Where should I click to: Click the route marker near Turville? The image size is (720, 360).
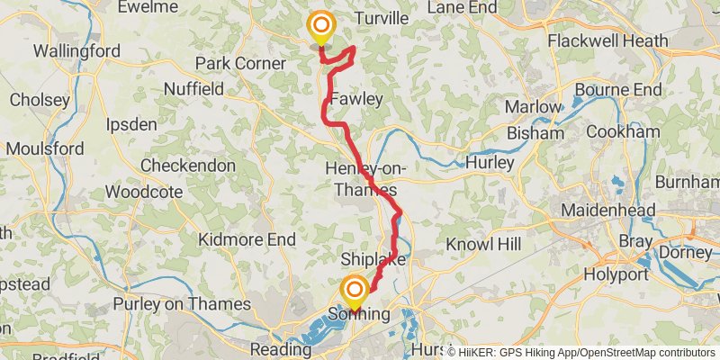click(320, 27)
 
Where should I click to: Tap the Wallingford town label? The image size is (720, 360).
click(76, 51)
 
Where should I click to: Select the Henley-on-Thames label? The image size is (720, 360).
click(364, 180)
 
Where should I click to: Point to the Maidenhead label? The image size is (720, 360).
click(607, 210)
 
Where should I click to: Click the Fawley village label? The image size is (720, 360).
click(356, 99)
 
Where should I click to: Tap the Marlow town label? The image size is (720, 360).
click(532, 107)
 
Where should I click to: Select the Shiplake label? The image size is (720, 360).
click(373, 260)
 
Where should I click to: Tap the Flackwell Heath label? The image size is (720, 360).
click(607, 40)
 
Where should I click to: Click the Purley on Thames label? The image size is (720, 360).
click(187, 304)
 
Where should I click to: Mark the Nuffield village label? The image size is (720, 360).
click(193, 89)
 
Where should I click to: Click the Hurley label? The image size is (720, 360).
click(490, 163)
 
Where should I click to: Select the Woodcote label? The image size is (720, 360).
click(140, 192)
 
